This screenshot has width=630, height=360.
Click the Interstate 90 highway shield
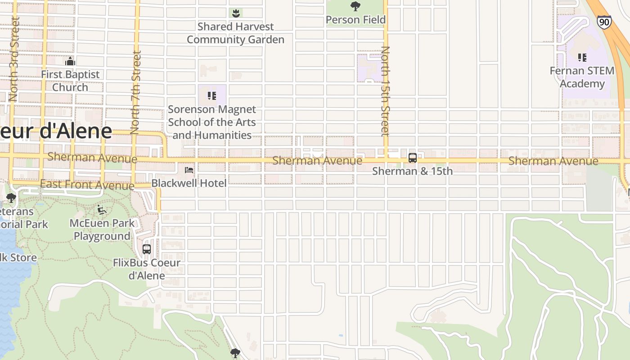point(604,22)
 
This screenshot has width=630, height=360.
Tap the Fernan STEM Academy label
point(582,77)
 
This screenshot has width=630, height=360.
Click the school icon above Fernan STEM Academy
point(582,58)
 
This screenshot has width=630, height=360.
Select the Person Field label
point(355,20)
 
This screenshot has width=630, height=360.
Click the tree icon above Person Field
point(355,6)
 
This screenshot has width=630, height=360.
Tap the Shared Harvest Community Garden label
point(235,33)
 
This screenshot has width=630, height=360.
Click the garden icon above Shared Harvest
point(235,13)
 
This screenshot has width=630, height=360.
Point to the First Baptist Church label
point(70,81)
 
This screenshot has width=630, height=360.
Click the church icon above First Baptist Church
point(70,61)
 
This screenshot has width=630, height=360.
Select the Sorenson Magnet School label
point(212,122)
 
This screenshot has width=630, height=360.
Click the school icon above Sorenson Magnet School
point(211,95)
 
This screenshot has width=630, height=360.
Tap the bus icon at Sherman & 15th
point(412,158)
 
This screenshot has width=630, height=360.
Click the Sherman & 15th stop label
point(412,171)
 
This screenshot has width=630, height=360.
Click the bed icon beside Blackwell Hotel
point(189,170)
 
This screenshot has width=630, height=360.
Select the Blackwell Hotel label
point(189,183)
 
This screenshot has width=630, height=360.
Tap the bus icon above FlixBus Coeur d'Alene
point(147,249)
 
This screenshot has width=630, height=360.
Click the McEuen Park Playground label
point(102,229)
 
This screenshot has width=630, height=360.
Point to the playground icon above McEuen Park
point(102,210)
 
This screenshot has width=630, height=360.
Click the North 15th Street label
point(385,91)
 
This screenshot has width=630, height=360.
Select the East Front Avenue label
point(87,184)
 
